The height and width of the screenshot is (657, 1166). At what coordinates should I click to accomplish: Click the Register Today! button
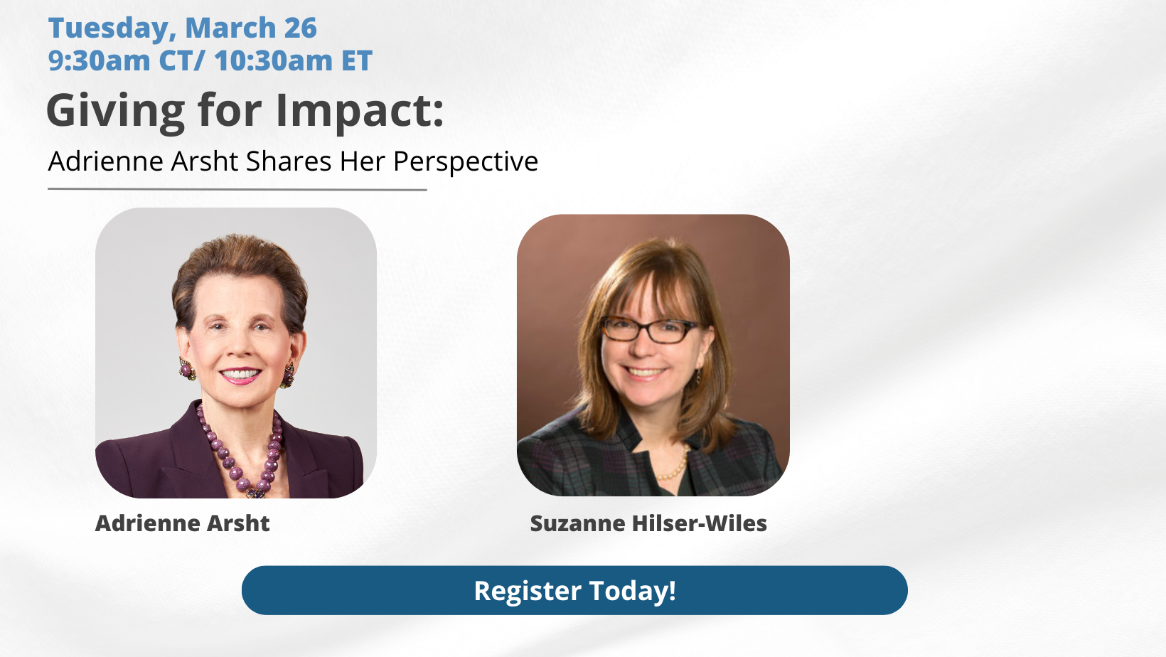tap(574, 590)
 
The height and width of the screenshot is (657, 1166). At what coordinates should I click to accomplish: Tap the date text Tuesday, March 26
tap(182, 28)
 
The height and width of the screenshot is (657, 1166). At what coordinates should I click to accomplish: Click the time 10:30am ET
tap(293, 60)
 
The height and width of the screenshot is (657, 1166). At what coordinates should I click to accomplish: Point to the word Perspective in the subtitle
tap(466, 161)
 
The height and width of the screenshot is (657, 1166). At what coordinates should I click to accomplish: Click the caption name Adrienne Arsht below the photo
tap(182, 523)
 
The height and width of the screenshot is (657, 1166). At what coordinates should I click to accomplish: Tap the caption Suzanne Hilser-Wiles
tap(648, 523)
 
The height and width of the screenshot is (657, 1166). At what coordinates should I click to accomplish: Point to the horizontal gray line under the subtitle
tap(237, 190)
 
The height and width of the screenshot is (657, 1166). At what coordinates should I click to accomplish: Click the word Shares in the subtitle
tap(289, 161)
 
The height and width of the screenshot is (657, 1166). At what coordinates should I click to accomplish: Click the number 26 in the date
tap(300, 28)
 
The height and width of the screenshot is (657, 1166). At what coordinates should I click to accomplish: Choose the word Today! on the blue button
tap(633, 591)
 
